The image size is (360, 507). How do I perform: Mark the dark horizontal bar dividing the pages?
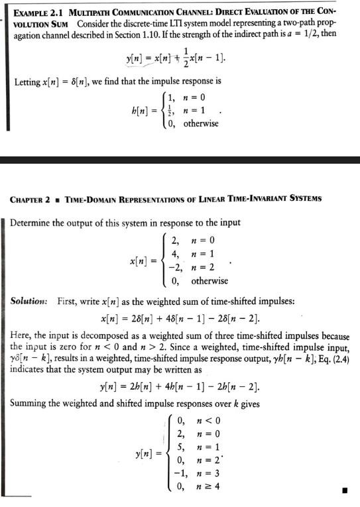click(x=180, y=160)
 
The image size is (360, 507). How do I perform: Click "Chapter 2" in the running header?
click(x=36, y=198)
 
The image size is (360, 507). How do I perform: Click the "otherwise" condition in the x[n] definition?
click(x=210, y=280)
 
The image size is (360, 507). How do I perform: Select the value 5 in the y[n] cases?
click(x=179, y=447)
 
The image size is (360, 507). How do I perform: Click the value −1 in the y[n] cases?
click(x=176, y=473)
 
